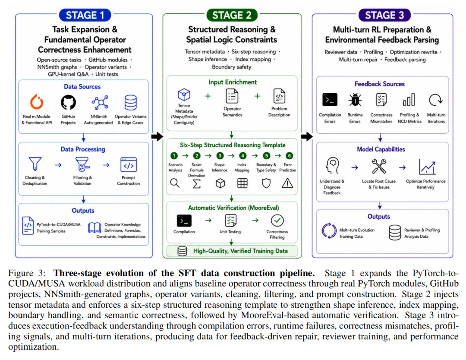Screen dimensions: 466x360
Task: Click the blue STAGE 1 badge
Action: tap(85, 15)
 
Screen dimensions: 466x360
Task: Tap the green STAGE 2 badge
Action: tap(232, 15)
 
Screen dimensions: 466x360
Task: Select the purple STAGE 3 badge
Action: tap(384, 15)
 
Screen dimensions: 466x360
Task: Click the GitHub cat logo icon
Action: tap(68, 103)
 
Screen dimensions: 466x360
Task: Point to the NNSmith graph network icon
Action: tap(100, 103)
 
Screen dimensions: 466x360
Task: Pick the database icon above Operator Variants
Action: tap(130, 103)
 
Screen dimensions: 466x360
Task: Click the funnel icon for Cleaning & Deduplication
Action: tap(35, 164)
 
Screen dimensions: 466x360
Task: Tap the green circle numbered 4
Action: tap(243, 156)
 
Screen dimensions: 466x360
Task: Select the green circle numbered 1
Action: tap(174, 156)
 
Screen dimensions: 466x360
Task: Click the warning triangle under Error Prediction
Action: tap(287, 183)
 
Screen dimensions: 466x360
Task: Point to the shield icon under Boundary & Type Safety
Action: tap(266, 183)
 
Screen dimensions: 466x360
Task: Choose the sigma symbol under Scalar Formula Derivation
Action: tap(196, 183)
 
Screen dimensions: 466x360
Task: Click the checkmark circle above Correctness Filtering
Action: tap(277, 220)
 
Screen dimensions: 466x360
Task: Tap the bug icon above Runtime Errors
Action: tap(355, 100)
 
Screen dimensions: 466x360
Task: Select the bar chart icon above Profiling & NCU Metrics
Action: tap(409, 100)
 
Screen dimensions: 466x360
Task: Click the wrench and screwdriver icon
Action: tap(379, 166)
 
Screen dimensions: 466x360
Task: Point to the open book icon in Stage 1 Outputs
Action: tap(95, 228)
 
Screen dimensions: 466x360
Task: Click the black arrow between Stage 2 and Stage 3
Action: tap(307, 136)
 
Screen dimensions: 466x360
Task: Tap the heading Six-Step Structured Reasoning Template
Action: tap(233, 145)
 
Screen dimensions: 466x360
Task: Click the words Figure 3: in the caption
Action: tap(27, 273)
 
